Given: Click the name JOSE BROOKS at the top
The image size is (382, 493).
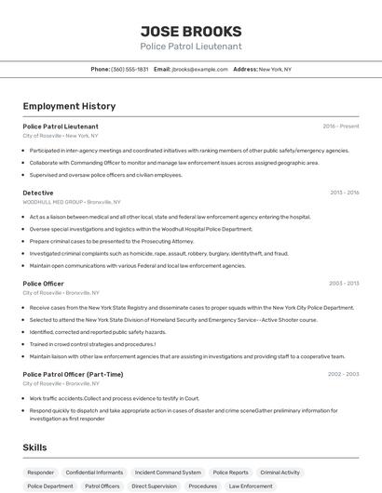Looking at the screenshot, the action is (191, 31).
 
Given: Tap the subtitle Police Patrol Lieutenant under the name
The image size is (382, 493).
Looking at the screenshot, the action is (191, 46).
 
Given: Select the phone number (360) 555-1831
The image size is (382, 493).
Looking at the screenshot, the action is (130, 69).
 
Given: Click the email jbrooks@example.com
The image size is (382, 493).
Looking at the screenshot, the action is (200, 69).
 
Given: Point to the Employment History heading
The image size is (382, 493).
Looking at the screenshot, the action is (69, 106).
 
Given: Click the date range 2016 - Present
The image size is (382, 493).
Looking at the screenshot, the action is (341, 126).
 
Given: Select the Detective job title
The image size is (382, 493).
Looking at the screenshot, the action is (38, 193).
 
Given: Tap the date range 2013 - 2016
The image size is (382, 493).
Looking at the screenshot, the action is (344, 193).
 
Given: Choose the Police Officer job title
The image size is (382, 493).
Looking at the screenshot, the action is (44, 283).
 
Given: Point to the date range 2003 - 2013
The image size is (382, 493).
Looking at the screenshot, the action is (344, 283).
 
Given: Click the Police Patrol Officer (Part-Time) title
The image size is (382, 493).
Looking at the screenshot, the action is (73, 374).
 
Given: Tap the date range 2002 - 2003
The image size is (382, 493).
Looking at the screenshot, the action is (344, 374).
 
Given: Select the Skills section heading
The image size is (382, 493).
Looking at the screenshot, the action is (35, 447).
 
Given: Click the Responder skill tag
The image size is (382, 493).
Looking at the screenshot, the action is (41, 473).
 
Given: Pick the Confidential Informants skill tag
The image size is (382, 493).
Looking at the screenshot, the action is (94, 473).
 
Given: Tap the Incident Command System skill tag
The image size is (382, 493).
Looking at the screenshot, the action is (168, 473).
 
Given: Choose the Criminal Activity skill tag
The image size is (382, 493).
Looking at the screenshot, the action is (280, 473).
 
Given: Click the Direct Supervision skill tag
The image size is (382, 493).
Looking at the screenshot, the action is (154, 486).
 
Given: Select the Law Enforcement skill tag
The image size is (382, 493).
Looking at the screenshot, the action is (252, 486).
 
